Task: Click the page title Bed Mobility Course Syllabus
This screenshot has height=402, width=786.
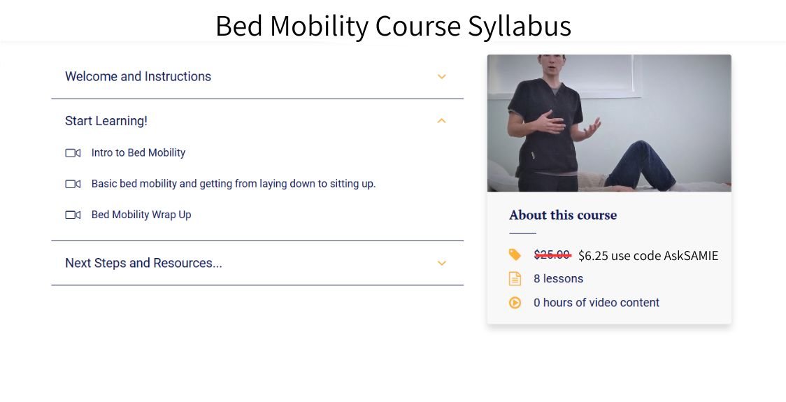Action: pos(393,27)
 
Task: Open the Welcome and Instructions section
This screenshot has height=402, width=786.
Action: pos(138,76)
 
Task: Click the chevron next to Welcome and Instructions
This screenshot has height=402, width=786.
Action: pos(441,77)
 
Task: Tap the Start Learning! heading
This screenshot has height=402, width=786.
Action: pos(106,121)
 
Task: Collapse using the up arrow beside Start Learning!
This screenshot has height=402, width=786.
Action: pos(441,121)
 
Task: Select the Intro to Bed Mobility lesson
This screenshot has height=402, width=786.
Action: pos(138,152)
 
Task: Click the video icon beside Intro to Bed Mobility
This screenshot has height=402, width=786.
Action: pos(73,153)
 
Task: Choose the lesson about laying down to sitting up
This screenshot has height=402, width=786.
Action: pos(233,184)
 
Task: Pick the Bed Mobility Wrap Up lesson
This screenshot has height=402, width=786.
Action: pos(141,215)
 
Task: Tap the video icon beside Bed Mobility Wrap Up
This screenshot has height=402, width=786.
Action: pos(73,215)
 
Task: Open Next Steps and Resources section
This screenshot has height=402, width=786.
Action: pos(143,263)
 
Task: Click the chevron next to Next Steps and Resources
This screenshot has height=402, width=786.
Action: pos(441,264)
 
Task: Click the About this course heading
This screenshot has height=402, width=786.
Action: pos(563,215)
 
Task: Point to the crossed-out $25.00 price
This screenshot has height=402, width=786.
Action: pos(552,255)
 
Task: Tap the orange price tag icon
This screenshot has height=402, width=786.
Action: pos(515,254)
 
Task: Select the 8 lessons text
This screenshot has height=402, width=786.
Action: pos(558,278)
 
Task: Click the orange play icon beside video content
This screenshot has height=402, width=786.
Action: pos(515,303)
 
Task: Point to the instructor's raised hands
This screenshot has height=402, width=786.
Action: pos(571,127)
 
